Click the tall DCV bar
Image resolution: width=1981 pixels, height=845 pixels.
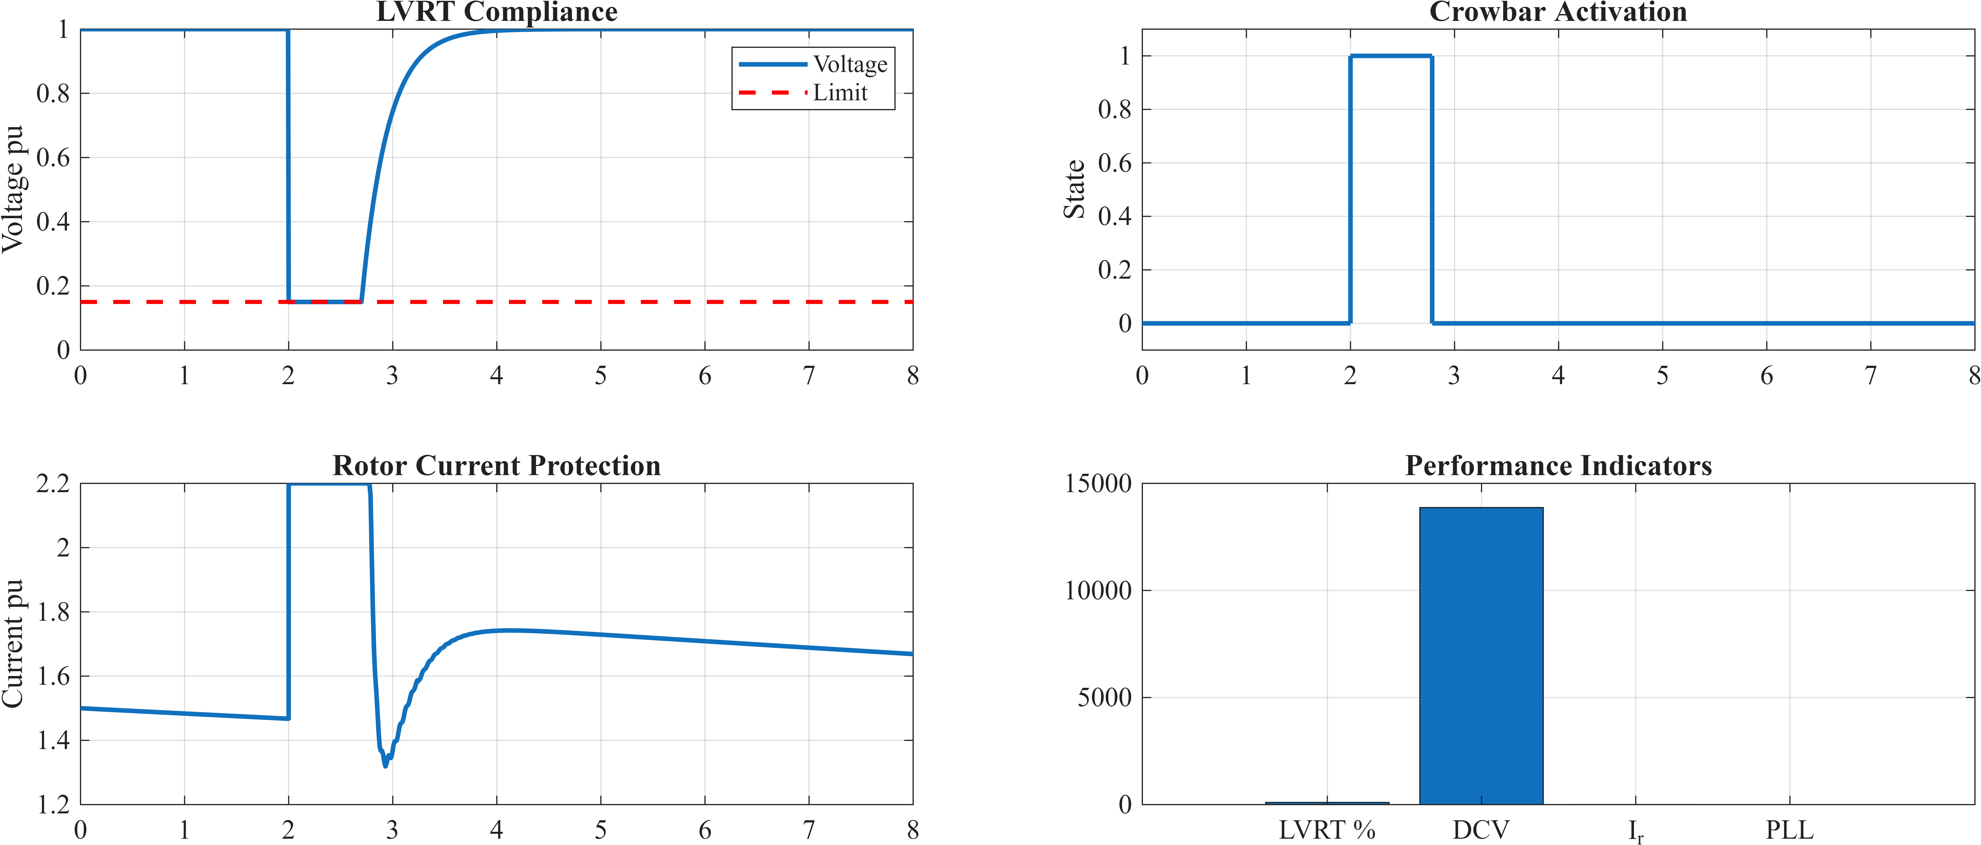(1481, 656)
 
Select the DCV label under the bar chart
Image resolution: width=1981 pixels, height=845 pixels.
(1481, 830)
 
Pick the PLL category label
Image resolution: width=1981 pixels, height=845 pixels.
(1789, 830)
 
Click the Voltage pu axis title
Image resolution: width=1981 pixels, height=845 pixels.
(13, 189)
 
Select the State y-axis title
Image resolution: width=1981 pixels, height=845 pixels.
(1074, 189)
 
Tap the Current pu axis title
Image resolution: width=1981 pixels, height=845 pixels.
(13, 644)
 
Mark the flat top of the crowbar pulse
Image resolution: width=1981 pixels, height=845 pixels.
(1390, 56)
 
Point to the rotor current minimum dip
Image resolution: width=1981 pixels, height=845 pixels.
(385, 765)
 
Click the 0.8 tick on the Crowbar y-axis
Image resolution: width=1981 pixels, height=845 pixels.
(1114, 109)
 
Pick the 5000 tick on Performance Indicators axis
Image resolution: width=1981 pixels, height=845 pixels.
(1104, 697)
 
